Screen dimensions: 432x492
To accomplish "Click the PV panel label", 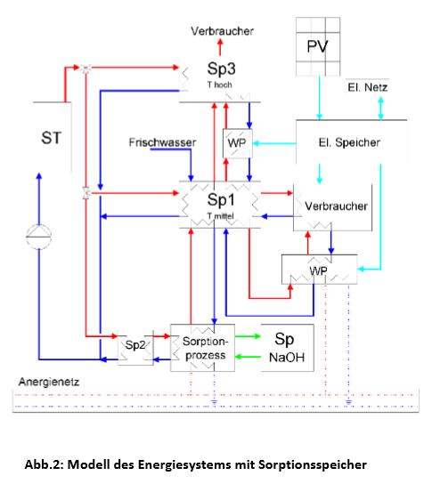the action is coord(317,47).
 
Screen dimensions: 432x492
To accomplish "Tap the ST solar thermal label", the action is coord(51,138).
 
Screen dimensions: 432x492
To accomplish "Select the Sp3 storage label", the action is coord(221,69).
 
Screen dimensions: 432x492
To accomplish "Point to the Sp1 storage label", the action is coord(221,199).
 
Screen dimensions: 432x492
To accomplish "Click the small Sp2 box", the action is coord(135,347).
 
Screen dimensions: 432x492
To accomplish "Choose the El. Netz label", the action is coord(368,87).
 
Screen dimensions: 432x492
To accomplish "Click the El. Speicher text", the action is coord(349,142).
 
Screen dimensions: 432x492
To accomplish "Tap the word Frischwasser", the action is coord(162,142).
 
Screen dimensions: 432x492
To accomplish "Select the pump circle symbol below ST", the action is coord(38,237).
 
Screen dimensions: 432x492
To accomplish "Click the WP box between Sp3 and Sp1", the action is coord(238,143).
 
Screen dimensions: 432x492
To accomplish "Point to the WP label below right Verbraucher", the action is coord(319,270).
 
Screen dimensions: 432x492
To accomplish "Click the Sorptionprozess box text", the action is coord(205,348).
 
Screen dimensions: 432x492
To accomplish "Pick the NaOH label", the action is coord(287,358).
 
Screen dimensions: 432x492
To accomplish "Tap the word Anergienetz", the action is coord(49,382).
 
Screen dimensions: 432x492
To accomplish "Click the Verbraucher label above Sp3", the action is coord(222,31).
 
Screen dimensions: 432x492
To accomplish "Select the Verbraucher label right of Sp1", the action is coord(336,206).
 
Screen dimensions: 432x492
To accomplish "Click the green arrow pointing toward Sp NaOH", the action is coord(248,336).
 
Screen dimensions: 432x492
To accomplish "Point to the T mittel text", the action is coord(220,216).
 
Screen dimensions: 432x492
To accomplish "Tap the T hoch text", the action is coord(220,85).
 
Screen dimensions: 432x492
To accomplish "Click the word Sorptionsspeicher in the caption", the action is coord(313,464).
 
